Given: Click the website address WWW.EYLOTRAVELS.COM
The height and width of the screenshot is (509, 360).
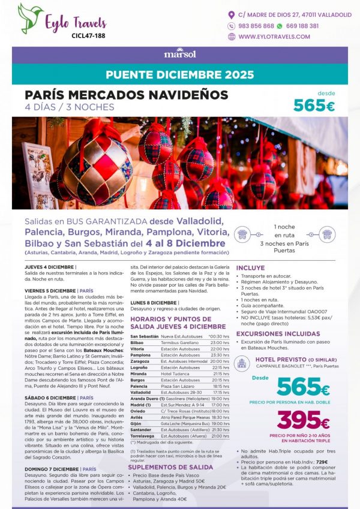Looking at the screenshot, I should click(278, 37).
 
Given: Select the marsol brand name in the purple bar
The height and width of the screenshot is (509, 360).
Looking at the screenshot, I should click(179, 53).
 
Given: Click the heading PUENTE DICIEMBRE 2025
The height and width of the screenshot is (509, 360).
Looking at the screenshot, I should click(179, 76).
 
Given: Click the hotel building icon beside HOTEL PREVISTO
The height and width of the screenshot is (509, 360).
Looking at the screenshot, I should click(242, 362).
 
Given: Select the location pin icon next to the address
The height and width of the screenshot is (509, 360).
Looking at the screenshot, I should click(232, 14).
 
